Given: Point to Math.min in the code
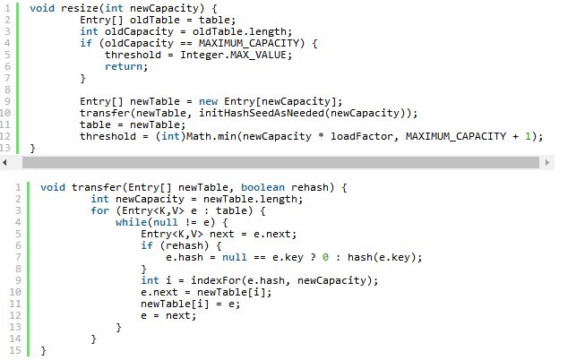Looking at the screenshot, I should (x=213, y=136).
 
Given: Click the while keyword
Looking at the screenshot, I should (x=130, y=222).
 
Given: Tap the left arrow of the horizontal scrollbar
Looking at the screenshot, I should (x=6, y=163).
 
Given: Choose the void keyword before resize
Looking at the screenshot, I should (x=41, y=8).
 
